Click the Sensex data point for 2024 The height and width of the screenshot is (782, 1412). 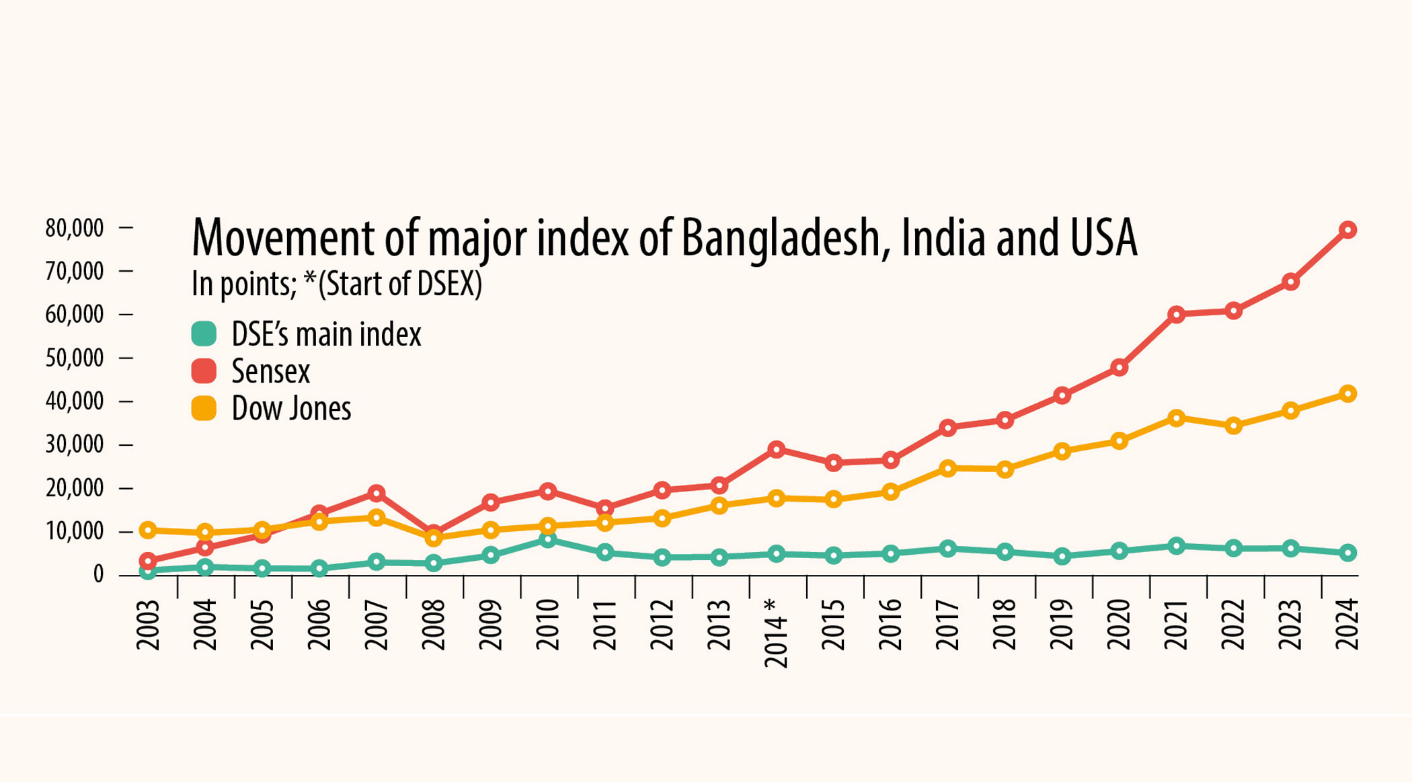[x=1347, y=230]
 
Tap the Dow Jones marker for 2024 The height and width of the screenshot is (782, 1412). [x=1347, y=394]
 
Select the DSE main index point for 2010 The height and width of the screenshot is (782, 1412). [x=548, y=540]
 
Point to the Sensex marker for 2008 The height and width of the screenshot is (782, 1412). [x=434, y=533]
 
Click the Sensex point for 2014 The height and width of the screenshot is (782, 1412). [x=777, y=449]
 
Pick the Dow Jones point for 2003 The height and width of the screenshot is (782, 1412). [x=148, y=530]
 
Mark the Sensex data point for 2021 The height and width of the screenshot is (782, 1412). [x=1176, y=314]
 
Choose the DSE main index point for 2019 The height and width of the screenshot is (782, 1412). [x=1062, y=556]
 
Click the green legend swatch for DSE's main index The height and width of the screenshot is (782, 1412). [x=204, y=334]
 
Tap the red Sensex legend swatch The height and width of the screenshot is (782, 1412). [x=204, y=370]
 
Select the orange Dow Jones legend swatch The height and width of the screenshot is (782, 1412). [x=204, y=408]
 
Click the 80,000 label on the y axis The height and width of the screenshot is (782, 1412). [x=75, y=229]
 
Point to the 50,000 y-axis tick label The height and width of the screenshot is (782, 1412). [x=75, y=358]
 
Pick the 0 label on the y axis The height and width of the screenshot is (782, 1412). [x=98, y=574]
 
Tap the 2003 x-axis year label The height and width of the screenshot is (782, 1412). [x=148, y=625]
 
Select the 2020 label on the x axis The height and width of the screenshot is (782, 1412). [x=1119, y=625]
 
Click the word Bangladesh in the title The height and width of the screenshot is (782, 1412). [x=780, y=239]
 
